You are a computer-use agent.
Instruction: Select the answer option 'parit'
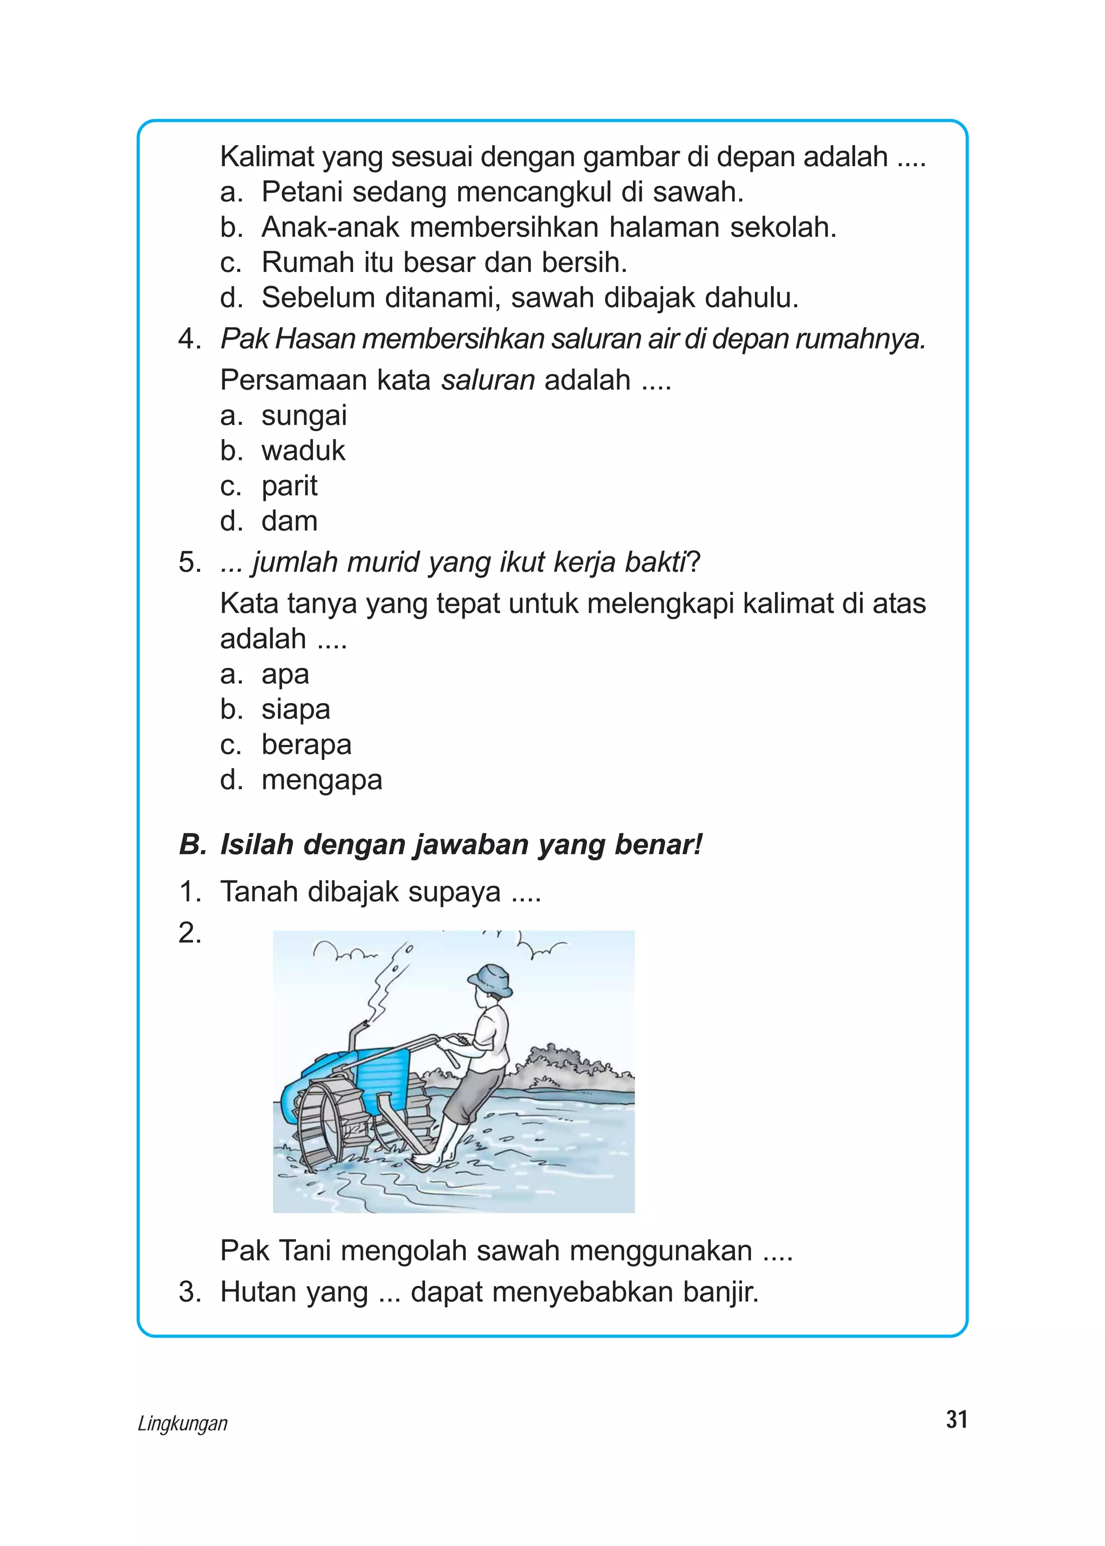(x=289, y=486)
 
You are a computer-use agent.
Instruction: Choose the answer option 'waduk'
(x=303, y=451)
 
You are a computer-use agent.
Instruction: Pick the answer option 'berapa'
(x=306, y=745)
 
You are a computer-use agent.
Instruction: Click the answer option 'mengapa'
(x=321, y=780)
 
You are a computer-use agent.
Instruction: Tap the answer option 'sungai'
(x=304, y=415)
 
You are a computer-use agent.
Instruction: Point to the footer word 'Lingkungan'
(x=182, y=1423)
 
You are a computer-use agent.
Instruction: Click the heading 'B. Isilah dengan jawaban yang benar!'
(x=440, y=845)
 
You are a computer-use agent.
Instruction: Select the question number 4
(x=189, y=339)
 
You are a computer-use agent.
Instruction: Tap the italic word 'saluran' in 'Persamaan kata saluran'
(x=487, y=380)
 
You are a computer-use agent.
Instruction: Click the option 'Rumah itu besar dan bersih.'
(x=444, y=263)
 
